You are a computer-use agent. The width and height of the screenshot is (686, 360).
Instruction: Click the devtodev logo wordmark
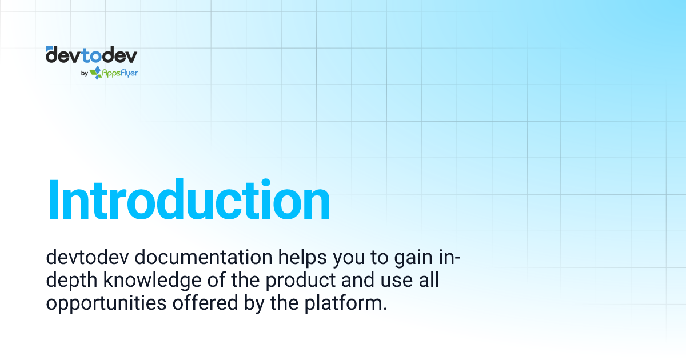[x=91, y=55]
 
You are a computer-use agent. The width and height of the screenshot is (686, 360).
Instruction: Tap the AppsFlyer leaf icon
[x=95, y=73]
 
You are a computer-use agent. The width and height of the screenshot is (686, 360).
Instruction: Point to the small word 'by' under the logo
[x=84, y=73]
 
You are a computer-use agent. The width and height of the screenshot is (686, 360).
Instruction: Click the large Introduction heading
[x=189, y=200]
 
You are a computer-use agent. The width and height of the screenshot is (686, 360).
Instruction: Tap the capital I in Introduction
[x=54, y=200]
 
